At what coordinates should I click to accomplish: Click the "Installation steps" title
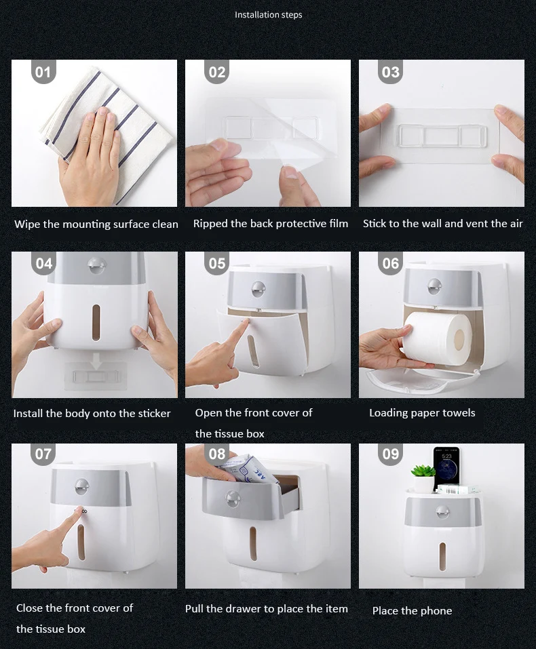[269, 15]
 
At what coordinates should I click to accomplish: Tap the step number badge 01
[43, 72]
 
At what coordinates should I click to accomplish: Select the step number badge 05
[216, 263]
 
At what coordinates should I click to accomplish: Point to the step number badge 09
[391, 454]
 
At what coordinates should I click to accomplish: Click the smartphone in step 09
[446, 466]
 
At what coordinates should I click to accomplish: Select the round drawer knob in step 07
[82, 487]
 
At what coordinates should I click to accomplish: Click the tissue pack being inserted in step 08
[248, 470]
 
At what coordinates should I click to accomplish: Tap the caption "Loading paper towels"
[422, 413]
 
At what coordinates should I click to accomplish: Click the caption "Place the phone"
[412, 610]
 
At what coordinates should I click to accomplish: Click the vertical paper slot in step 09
[442, 557]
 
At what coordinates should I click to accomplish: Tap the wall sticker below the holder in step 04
[95, 376]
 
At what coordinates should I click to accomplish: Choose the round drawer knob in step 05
[258, 290]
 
